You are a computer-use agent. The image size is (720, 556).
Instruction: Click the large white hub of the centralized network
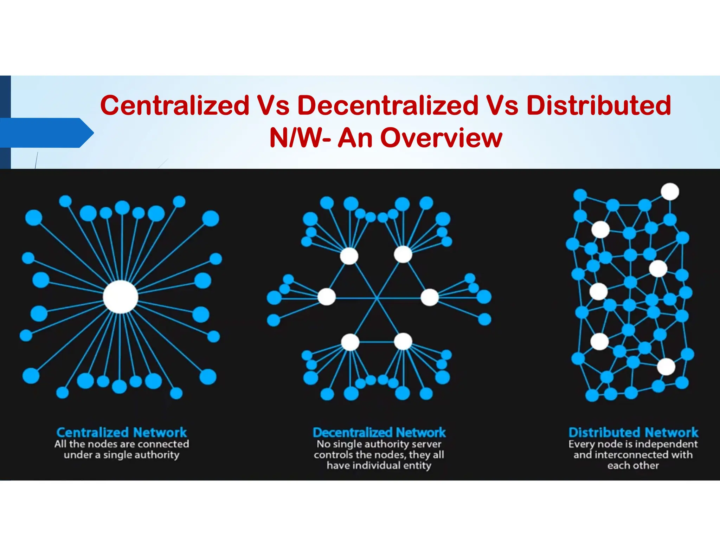[121, 297]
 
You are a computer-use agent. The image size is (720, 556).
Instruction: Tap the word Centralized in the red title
[175, 105]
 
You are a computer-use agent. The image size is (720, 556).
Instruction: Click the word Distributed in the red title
[598, 105]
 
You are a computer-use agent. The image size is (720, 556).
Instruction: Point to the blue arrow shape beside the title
[46, 133]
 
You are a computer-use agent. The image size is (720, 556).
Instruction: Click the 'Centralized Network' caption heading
[122, 432]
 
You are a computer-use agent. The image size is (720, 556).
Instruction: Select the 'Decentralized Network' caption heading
[379, 432]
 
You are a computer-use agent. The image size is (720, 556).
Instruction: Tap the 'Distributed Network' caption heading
[633, 432]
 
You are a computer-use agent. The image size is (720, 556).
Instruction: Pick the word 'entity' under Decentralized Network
[417, 466]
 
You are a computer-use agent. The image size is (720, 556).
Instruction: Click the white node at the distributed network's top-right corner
[670, 192]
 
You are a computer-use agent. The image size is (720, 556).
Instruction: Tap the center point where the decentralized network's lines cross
[377, 298]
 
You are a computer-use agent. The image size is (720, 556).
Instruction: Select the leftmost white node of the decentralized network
[327, 297]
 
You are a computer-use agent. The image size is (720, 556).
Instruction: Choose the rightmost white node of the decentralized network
[429, 297]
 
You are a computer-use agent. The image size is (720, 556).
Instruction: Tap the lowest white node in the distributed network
[666, 367]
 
